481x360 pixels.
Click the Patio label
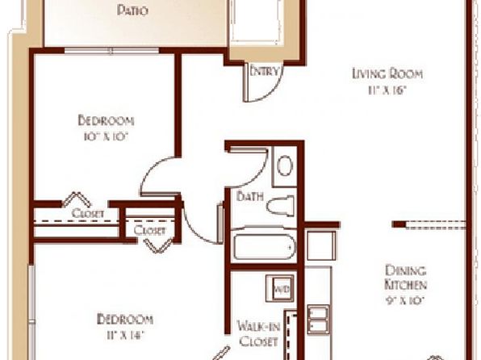click(x=132, y=10)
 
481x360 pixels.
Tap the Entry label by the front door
click(x=265, y=71)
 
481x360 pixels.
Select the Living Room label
click(x=387, y=73)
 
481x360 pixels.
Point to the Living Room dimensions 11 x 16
click(x=387, y=90)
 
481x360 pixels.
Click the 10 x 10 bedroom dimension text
click(x=105, y=136)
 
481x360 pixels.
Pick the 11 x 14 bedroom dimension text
click(x=125, y=335)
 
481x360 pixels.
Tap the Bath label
click(x=249, y=196)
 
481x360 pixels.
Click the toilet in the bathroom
click(x=280, y=205)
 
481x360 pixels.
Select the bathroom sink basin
click(x=285, y=165)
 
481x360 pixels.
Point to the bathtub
click(x=264, y=246)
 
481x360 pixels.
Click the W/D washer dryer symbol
click(x=281, y=288)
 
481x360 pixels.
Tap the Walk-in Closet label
click(x=258, y=333)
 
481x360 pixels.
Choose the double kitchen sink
click(x=318, y=320)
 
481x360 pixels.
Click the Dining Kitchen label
click(x=405, y=278)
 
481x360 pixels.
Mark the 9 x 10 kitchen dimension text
click(x=405, y=300)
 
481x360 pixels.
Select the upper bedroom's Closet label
click(x=87, y=213)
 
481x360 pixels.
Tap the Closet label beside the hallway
click(x=149, y=230)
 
